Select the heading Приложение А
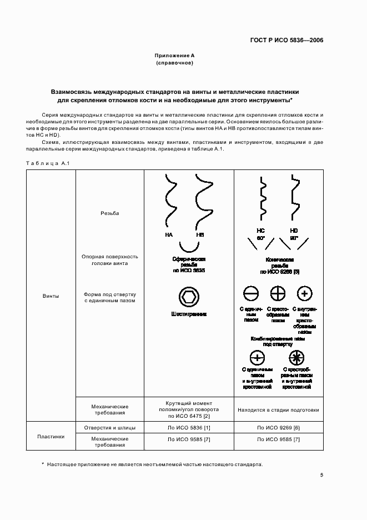click(x=174, y=56)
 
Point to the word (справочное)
click(x=174, y=63)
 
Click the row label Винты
click(x=51, y=296)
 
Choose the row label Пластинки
click(x=51, y=436)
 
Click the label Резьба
click(x=109, y=213)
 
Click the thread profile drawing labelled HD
click(x=293, y=199)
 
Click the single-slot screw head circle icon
click(x=250, y=294)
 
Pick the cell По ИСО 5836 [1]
click(x=189, y=428)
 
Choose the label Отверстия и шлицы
click(x=109, y=428)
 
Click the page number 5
click(x=322, y=475)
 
